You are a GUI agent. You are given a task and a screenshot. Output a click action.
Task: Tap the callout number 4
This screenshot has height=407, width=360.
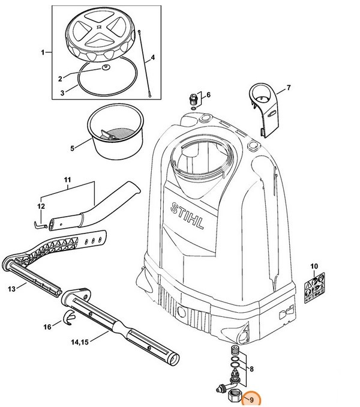point(153,58)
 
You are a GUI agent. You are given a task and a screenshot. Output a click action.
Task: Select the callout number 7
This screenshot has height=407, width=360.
point(288,88)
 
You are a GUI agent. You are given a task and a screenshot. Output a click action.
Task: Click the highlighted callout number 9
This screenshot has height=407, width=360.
point(251,399)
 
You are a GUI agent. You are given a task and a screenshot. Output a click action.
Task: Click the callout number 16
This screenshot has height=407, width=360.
point(47,327)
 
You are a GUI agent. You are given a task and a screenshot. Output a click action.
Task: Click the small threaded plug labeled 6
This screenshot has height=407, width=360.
point(193,98)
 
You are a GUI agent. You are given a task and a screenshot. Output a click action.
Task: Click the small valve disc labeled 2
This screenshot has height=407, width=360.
point(106,69)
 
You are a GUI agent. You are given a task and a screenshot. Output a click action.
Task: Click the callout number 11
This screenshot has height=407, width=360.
point(67,179)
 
